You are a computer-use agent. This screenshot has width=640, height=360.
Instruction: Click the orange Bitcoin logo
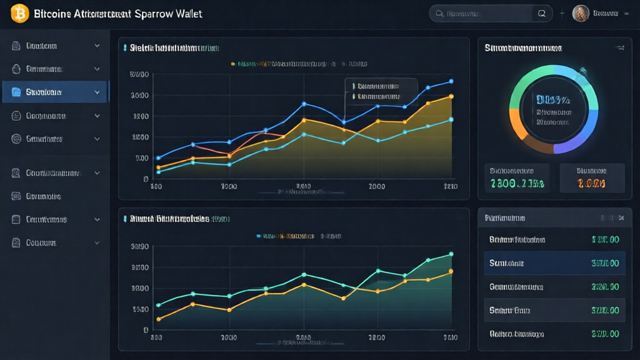point(20,13)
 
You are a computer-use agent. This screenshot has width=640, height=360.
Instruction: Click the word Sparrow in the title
point(156,13)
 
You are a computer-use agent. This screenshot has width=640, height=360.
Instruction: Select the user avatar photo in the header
point(581,13)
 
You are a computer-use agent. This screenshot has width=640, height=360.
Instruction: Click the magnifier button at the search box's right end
point(542,13)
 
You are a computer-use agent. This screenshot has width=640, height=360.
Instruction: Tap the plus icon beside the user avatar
point(562,13)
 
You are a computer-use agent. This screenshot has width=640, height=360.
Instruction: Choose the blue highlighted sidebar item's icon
point(16,92)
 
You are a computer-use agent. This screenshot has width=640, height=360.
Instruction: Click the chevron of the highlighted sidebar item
point(97,92)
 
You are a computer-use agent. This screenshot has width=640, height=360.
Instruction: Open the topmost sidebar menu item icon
point(16,46)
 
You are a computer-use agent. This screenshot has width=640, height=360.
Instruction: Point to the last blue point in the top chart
point(451,81)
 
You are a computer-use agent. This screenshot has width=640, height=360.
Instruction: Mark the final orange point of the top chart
point(451,96)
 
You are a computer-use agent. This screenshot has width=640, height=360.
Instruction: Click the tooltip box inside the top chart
point(381,91)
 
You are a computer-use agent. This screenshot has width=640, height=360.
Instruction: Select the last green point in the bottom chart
point(451,254)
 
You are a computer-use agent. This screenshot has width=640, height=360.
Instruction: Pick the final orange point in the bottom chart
point(451,271)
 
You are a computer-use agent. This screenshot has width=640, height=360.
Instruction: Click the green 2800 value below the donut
point(517,183)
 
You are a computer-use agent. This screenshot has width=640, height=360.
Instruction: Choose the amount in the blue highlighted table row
point(604,263)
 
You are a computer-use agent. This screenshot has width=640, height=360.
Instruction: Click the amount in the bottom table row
point(604,334)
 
